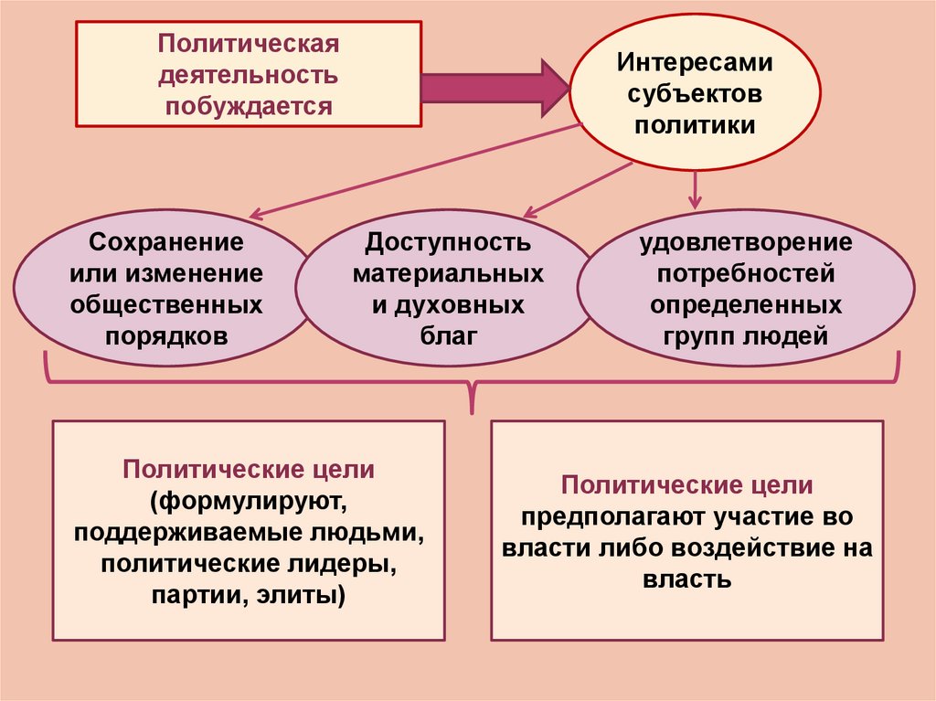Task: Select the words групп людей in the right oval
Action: pos(746,335)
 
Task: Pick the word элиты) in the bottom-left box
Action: pos(301,596)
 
